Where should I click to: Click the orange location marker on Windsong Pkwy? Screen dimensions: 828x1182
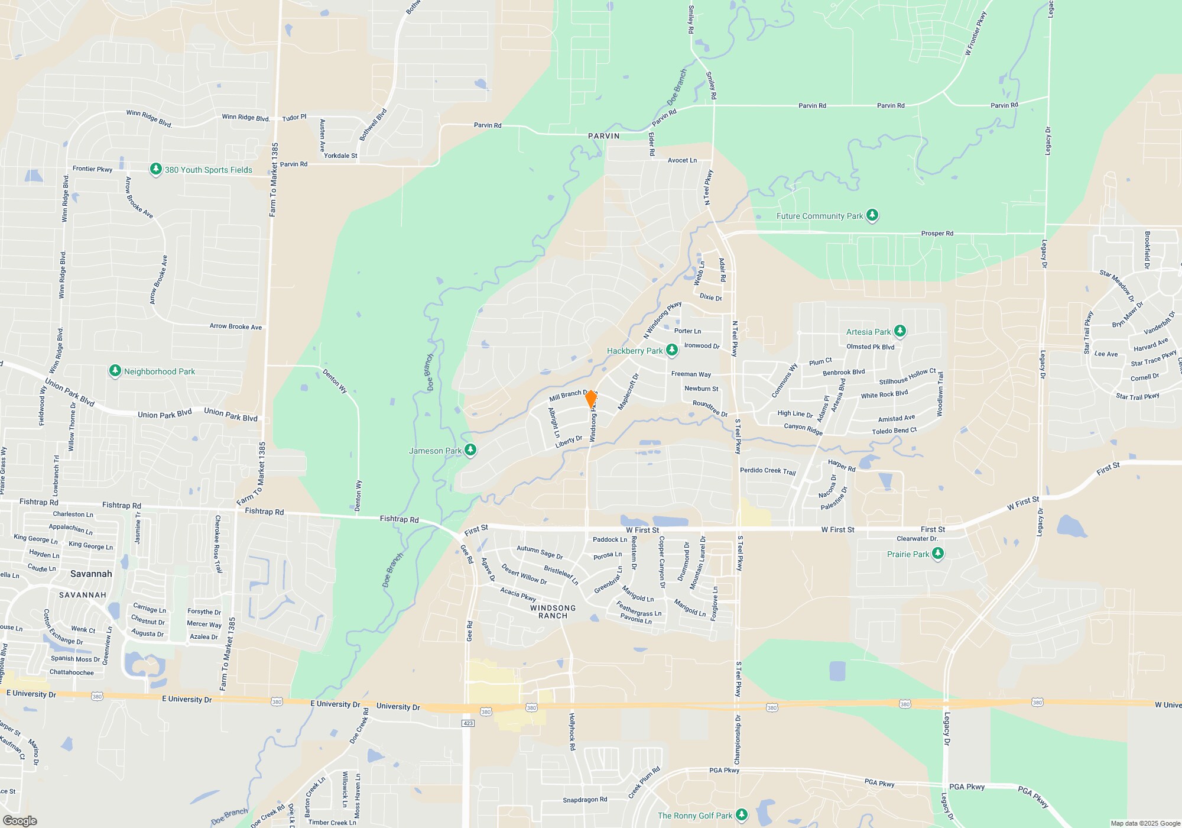590,399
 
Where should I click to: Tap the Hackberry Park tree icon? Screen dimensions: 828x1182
671,351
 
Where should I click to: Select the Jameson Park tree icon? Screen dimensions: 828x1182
470,451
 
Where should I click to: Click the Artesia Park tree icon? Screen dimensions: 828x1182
900,331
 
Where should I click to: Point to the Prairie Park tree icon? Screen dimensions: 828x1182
938,554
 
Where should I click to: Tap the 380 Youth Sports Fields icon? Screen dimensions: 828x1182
155,170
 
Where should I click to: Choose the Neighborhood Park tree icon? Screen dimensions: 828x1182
115,371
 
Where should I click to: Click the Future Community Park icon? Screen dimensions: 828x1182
872,215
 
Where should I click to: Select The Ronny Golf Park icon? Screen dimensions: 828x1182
742,816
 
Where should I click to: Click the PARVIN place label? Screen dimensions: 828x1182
603,136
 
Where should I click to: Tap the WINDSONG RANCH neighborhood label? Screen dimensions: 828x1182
553,612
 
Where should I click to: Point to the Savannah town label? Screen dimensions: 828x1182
91,574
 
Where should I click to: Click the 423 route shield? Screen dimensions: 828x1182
467,723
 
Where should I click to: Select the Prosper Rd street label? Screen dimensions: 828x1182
937,234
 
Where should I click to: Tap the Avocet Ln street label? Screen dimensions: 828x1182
682,160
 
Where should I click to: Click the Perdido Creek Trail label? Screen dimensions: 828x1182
768,471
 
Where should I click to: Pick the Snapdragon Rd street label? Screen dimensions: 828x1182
584,800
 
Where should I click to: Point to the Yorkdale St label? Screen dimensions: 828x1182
340,156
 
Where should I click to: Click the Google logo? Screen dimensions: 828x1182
20,820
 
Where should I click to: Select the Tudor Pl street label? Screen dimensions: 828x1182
294,118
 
